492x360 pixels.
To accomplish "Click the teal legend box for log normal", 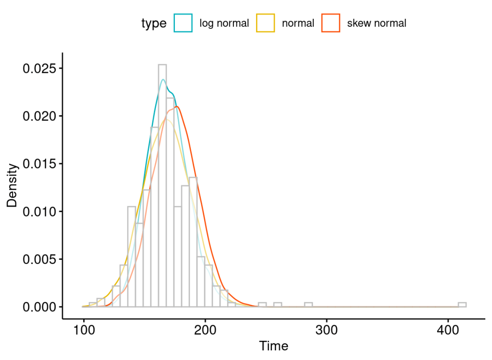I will click(183, 23).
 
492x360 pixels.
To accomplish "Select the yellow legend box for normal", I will click(265, 23).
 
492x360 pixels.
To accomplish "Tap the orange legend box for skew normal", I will click(331, 23).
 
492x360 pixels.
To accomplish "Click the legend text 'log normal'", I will click(224, 23).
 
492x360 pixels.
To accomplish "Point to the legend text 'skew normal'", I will click(377, 23).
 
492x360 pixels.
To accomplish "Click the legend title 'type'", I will click(154, 24).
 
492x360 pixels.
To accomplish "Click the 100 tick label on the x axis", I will click(84, 331).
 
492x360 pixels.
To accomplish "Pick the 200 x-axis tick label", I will click(205, 331).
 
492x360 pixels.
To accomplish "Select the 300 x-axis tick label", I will click(327, 331).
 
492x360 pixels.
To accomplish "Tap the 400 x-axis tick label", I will click(448, 331).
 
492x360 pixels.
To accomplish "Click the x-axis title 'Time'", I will click(273, 346).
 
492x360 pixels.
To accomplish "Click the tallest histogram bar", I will click(162, 187).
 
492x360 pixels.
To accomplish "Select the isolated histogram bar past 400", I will click(462, 305).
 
